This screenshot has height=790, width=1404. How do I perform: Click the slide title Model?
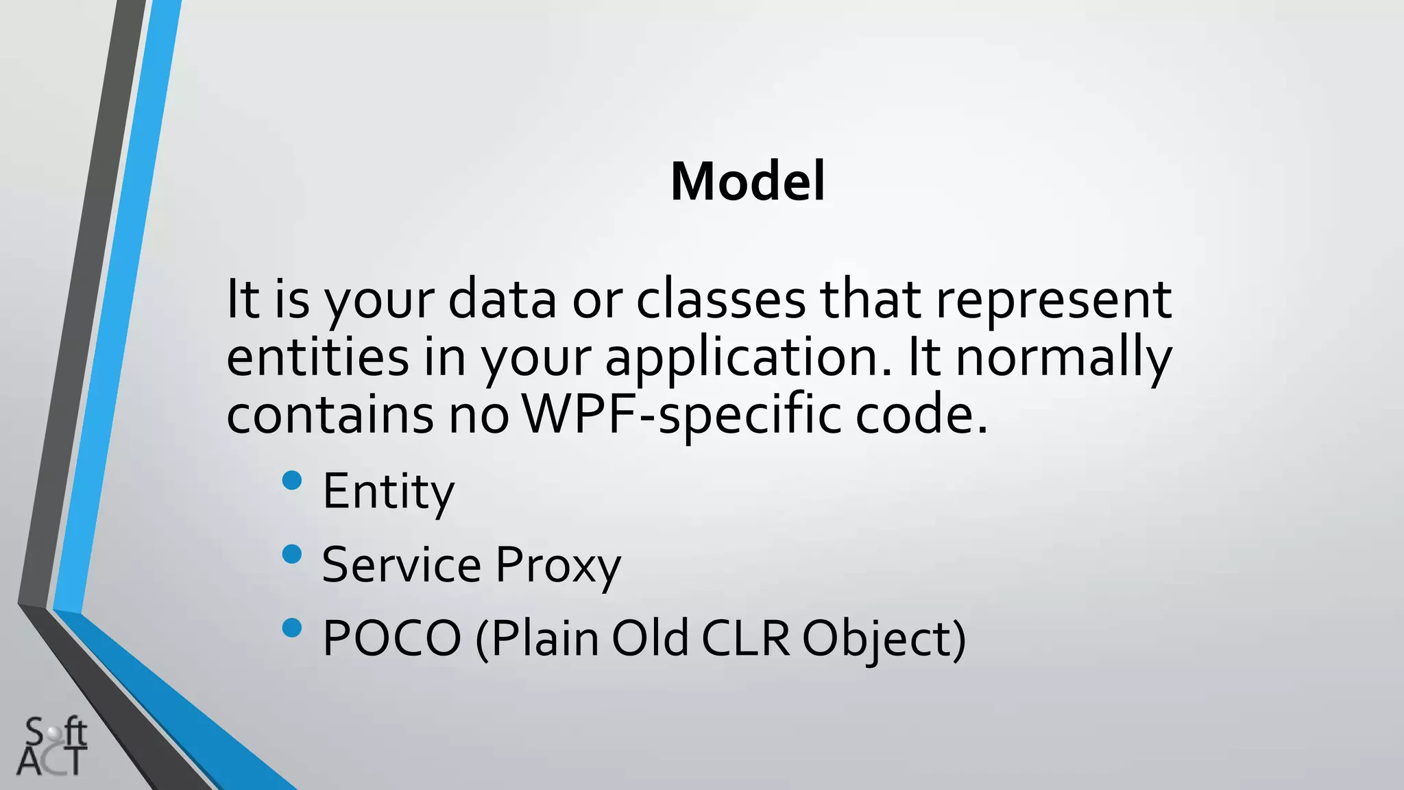(747, 182)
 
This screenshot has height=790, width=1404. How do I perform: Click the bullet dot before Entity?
(292, 480)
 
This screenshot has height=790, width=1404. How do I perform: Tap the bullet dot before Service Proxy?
(292, 554)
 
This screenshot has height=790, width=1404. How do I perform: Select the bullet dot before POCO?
(292, 627)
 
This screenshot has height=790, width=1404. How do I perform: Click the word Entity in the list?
(388, 492)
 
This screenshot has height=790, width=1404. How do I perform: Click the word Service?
(401, 566)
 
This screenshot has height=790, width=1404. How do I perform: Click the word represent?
(1054, 300)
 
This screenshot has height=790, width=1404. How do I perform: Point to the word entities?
(317, 357)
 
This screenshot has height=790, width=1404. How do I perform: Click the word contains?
(330, 415)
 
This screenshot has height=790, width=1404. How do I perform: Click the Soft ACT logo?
(53, 747)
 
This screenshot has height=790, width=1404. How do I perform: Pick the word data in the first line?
(502, 300)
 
